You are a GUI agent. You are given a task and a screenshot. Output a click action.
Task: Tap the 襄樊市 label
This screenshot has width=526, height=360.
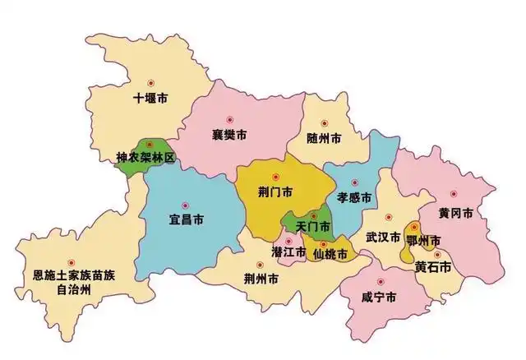point(229,134)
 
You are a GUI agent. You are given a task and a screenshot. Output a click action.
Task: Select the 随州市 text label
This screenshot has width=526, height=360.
point(324,138)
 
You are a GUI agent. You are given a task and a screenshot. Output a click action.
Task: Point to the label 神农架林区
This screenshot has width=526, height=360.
point(145,157)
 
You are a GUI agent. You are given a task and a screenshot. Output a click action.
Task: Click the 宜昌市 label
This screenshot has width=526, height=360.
point(187,219)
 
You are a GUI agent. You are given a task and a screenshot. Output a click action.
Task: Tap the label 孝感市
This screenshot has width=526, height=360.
point(354,197)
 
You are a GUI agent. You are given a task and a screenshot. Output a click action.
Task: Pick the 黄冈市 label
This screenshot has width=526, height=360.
point(454,213)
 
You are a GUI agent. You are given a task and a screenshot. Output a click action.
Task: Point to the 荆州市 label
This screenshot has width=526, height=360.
point(261,279)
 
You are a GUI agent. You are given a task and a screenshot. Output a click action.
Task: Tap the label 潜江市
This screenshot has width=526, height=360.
point(288,252)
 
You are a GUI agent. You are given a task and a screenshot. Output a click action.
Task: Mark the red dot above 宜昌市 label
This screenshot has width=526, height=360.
point(185,204)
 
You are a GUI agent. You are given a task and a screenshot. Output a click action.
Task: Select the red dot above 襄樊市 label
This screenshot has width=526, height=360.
point(231,118)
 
